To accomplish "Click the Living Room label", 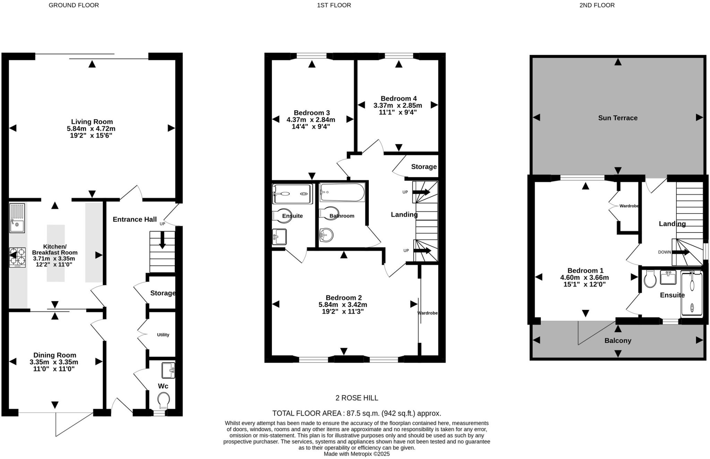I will (x=92, y=122).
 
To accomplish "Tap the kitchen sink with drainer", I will (x=17, y=218).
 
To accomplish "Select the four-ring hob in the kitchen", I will (x=17, y=257).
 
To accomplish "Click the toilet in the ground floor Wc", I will (x=163, y=401).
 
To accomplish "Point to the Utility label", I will (x=163, y=335).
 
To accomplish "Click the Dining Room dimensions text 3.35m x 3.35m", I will (x=54, y=362).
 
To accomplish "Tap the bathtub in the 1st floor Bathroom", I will (x=342, y=192).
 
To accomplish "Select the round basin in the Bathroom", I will (x=326, y=235).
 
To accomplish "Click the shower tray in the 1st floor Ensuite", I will (x=292, y=194).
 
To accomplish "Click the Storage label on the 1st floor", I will (x=424, y=167).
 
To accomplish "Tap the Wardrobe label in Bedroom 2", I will (x=427, y=313).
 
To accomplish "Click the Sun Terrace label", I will (x=618, y=118).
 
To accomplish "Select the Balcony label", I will (x=618, y=340).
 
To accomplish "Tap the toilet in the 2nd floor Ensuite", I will (x=650, y=279).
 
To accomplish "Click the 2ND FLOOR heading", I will (x=597, y=5).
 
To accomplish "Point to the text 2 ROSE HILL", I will (x=357, y=398).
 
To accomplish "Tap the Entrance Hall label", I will (x=135, y=219).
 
